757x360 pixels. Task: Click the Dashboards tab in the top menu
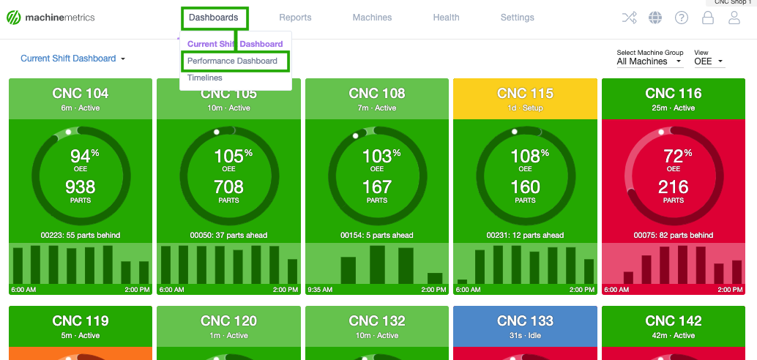tap(213, 18)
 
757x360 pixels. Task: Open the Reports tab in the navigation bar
tap(295, 18)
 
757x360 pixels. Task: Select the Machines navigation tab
tap(372, 18)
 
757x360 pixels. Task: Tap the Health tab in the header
tap(446, 18)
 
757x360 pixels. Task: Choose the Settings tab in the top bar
tap(517, 18)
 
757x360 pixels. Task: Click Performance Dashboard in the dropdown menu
tap(232, 61)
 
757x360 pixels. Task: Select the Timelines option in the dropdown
tap(204, 78)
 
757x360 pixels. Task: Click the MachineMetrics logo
tap(51, 18)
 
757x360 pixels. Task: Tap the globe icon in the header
tap(655, 18)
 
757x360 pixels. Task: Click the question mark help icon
tap(682, 18)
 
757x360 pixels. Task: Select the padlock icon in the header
tap(708, 18)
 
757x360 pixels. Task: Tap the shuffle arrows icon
tap(629, 18)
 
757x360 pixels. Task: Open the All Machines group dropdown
tap(649, 61)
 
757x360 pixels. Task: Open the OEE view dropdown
tap(709, 61)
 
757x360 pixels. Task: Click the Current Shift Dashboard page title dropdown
tap(72, 59)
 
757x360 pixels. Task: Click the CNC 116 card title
tap(673, 93)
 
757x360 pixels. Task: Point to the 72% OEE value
tap(673, 156)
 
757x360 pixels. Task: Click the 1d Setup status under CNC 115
tap(525, 108)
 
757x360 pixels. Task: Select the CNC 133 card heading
tap(525, 320)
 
